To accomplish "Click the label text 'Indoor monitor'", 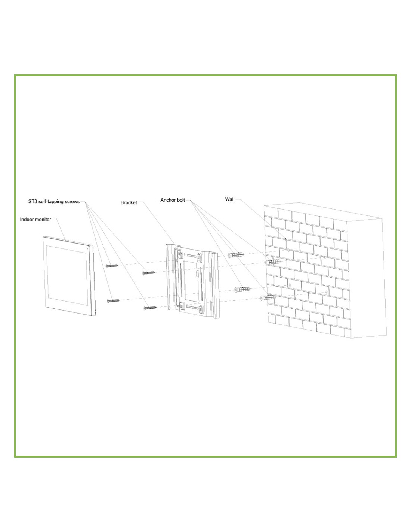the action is click(x=35, y=219).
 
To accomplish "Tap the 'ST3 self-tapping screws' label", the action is click(x=54, y=202).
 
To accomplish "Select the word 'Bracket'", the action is click(x=129, y=202).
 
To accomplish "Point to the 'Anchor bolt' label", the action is click(x=173, y=200).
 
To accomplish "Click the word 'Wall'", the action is click(x=229, y=199).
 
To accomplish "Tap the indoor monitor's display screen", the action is click(x=67, y=275).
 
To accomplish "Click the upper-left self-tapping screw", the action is click(x=112, y=266).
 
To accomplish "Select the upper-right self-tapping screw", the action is click(x=149, y=273).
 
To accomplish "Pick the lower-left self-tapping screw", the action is click(x=114, y=301).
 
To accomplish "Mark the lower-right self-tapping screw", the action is click(x=150, y=308).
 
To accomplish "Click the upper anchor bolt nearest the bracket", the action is click(x=235, y=255).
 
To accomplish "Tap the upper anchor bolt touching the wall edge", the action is click(x=272, y=262).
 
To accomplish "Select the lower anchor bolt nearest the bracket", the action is click(x=242, y=289).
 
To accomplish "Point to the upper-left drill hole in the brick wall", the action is click(x=288, y=250).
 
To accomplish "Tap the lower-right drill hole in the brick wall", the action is click(x=327, y=292).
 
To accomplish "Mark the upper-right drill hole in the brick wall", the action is click(x=325, y=257).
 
